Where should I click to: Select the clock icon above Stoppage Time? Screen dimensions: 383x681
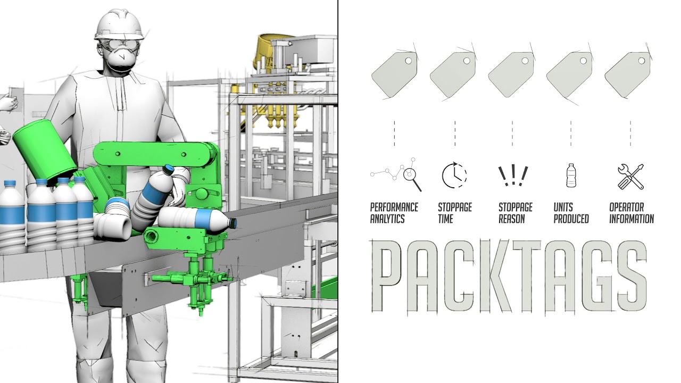tap(454, 175)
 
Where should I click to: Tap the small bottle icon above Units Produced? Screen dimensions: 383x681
tap(571, 175)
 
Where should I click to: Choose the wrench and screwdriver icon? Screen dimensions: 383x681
tap(630, 176)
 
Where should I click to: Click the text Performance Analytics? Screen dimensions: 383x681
tap(394, 213)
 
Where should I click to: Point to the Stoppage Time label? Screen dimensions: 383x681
tap(454, 213)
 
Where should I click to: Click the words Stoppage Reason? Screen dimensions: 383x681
tap(515, 213)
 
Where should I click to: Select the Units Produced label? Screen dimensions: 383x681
tap(571, 213)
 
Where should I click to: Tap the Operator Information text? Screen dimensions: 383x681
tap(631, 213)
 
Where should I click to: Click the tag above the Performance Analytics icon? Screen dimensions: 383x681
tap(394, 74)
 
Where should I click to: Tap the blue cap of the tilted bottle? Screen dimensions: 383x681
tap(168, 170)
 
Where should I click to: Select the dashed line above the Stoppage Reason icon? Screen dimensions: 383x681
tap(512, 134)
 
